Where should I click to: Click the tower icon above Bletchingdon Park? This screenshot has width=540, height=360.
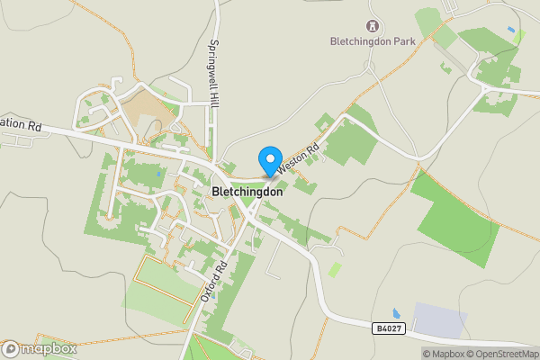pyautogui.click(x=371, y=25)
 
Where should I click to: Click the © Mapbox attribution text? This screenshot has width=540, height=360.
pyautogui.click(x=440, y=354)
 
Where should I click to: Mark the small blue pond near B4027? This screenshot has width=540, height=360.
pyautogui.click(x=397, y=313)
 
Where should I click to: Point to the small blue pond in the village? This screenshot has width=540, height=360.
pyautogui.click(x=158, y=174)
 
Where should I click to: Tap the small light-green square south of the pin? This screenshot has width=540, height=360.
pyautogui.click(x=335, y=269)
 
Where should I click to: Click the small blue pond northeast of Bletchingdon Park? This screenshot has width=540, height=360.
pyautogui.click(x=511, y=31)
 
